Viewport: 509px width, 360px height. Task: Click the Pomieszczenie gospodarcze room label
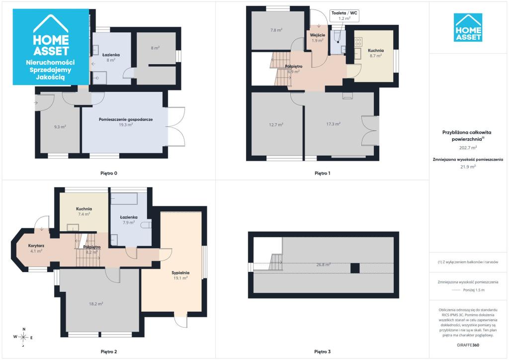(126, 119)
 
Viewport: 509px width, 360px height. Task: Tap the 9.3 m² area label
(60, 127)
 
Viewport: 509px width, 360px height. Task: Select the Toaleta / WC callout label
(344, 13)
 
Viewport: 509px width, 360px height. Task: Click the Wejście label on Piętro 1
(318, 35)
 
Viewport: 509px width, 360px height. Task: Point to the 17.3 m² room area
(334, 124)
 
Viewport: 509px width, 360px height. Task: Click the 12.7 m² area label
(276, 124)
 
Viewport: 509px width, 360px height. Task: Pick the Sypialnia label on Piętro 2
(180, 272)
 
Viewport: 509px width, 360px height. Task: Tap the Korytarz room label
(36, 246)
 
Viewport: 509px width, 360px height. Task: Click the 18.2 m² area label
(96, 304)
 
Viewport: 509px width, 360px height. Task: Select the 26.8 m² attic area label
(324, 265)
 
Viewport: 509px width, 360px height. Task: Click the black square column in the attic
(355, 268)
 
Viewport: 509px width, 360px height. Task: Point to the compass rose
(23, 337)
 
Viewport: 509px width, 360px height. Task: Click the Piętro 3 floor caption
(322, 352)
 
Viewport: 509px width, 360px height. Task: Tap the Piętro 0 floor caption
(109, 174)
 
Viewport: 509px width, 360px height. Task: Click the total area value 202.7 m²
(468, 148)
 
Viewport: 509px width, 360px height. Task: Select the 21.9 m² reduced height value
(468, 167)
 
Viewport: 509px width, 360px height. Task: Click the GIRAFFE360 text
(468, 345)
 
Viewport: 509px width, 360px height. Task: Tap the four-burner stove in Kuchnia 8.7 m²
(358, 42)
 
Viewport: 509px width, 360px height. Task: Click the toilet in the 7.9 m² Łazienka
(147, 225)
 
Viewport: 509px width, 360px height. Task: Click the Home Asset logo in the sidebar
(468, 27)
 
